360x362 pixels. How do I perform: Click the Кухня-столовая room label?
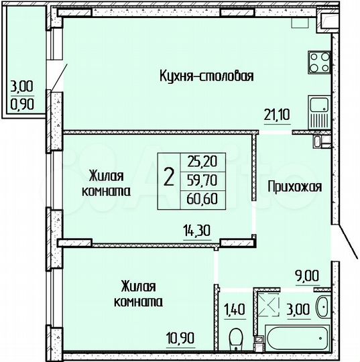[206, 75]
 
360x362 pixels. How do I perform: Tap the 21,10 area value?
[276, 115]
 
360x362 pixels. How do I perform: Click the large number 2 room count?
[169, 178]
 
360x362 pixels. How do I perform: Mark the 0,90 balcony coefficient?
[21, 105]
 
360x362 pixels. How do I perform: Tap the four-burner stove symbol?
[318, 63]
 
